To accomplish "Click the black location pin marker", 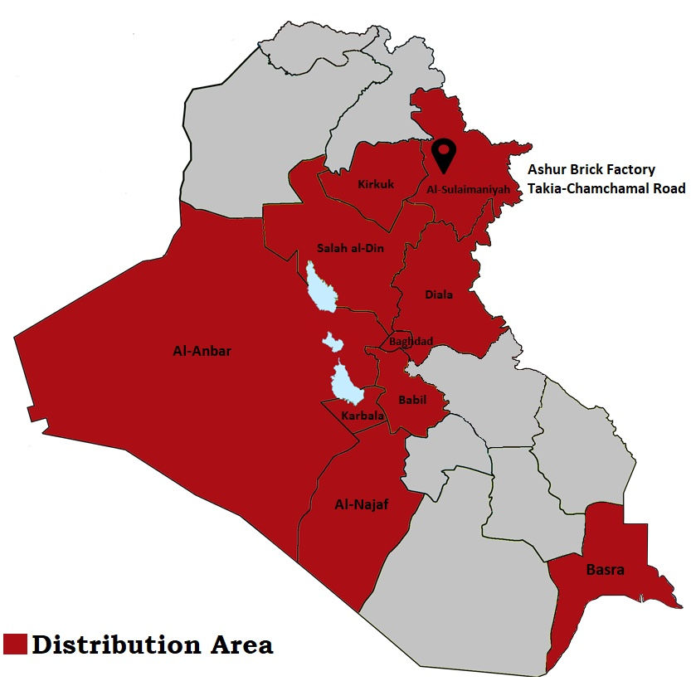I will (x=445, y=153).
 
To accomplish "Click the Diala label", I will (x=439, y=294).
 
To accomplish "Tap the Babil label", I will (x=412, y=399).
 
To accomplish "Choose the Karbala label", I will (x=361, y=414).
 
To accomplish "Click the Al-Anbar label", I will (x=202, y=351).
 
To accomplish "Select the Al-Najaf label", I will (x=362, y=504).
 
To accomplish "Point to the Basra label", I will (x=605, y=570).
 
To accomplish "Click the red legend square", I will (x=15, y=645).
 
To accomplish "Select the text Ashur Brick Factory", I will (x=591, y=169).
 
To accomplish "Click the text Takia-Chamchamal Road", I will (x=606, y=188).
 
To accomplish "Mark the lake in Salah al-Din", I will (x=319, y=286).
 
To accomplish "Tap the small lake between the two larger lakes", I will (x=333, y=342).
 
